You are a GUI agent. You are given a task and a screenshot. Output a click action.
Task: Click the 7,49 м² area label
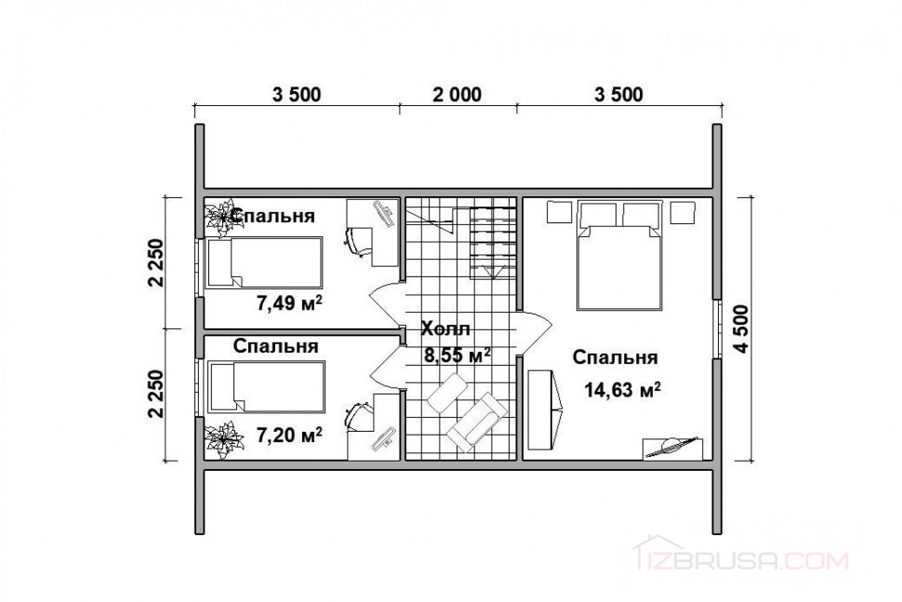[289, 302]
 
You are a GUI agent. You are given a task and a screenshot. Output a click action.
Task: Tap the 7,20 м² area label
[289, 435]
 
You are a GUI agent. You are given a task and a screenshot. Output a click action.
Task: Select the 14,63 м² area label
[622, 390]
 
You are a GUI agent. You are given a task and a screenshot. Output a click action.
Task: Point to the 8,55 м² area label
[458, 355]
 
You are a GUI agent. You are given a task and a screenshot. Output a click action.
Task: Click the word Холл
[445, 328]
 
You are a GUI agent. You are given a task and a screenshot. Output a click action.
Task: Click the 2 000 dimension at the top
[458, 94]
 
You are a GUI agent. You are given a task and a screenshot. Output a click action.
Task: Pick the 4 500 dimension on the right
[741, 328]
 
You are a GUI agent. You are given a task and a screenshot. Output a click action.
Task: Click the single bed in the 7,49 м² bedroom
[264, 262]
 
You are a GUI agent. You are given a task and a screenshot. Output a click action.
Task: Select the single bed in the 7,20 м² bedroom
[266, 387]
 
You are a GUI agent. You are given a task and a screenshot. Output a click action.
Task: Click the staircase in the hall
[493, 243]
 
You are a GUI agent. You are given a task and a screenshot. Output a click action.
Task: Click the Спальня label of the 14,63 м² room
[615, 356]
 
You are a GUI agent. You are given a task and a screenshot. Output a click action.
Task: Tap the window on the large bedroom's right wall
[717, 328]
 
